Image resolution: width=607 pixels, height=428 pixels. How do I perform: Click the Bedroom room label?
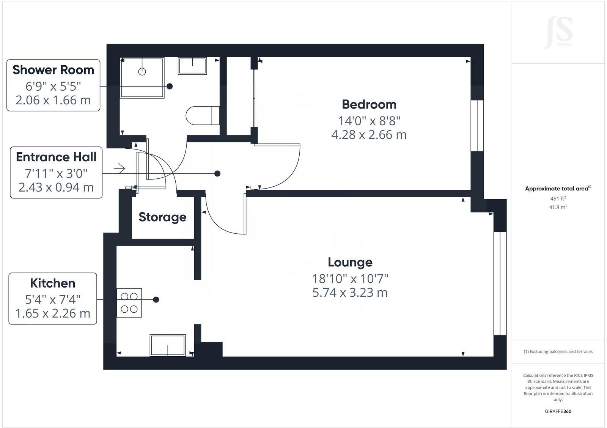369,104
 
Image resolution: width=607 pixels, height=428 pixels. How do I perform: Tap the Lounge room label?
350,262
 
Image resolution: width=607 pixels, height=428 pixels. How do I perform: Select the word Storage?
162,217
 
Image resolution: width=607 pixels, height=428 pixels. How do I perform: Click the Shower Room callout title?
53,70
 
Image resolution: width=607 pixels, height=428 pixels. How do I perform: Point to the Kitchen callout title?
53,283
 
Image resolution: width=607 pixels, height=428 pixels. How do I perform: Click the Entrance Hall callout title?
56,157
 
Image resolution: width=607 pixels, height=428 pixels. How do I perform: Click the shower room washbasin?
192,66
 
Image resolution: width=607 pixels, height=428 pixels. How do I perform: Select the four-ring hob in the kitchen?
129,303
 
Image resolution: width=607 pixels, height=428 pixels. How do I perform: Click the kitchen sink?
168,345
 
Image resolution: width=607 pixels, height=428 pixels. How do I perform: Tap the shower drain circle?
142,71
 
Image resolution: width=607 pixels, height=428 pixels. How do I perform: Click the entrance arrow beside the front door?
119,168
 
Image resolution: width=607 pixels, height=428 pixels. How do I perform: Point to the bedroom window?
477,126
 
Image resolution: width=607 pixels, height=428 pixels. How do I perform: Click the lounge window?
500,283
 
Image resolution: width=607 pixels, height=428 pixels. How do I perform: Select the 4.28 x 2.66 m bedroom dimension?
369,135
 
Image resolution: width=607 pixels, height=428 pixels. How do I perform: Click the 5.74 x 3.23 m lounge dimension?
350,293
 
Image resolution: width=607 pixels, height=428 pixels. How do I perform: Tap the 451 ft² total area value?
558,198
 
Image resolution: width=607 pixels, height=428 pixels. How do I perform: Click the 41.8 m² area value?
558,207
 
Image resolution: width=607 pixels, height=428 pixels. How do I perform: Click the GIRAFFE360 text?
558,411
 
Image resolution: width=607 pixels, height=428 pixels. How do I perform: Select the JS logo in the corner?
558,33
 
